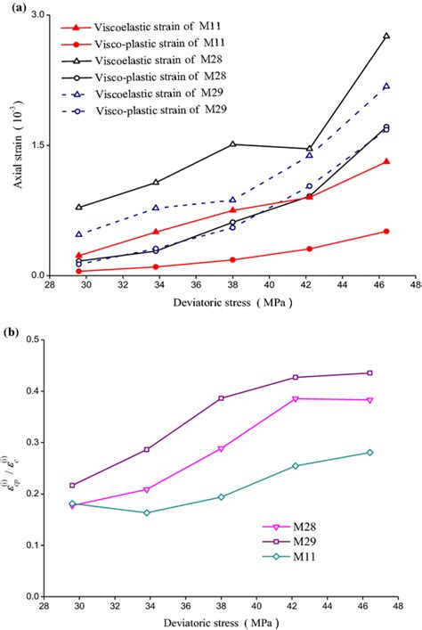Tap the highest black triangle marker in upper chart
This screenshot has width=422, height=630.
point(385,36)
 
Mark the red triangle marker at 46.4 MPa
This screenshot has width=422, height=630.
point(385,161)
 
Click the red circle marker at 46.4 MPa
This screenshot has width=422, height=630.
point(385,231)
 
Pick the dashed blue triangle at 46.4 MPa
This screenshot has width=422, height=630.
point(385,86)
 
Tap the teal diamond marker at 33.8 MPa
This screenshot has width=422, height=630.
point(147,512)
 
